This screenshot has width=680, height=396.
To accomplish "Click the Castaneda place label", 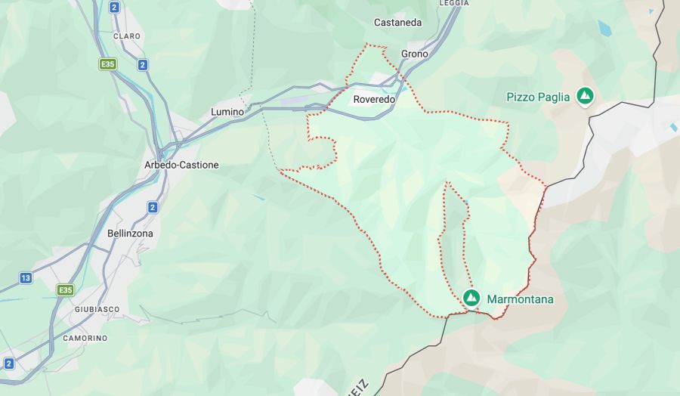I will [398, 23].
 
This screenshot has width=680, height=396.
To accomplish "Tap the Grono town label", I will [414, 54].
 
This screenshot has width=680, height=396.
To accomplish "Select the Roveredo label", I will [374, 99].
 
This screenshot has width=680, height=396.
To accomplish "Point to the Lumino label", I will [227, 112].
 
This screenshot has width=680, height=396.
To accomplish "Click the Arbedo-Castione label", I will [181, 165].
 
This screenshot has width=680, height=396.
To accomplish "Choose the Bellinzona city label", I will [130, 234].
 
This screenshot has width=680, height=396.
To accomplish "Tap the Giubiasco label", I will [97, 310].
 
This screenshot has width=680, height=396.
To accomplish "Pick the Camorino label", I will [85, 338].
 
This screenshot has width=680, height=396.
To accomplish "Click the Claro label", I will [127, 36].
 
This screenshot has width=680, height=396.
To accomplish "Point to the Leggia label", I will [453, 3].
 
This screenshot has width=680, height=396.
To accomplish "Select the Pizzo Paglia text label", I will [538, 97].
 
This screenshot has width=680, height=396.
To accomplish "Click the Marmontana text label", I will [520, 299].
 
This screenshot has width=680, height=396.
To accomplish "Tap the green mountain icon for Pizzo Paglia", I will [584, 96].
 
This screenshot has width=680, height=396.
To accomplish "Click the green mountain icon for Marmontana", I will [471, 298].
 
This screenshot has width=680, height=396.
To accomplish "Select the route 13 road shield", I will [26, 278].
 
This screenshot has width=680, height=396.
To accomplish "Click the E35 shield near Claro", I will [107, 64].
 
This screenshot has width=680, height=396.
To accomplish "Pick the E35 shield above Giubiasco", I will [66, 289].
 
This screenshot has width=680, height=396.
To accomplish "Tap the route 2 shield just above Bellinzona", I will [153, 207].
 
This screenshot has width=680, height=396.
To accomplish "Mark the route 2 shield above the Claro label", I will [114, 8].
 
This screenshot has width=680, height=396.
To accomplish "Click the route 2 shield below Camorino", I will [9, 364].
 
